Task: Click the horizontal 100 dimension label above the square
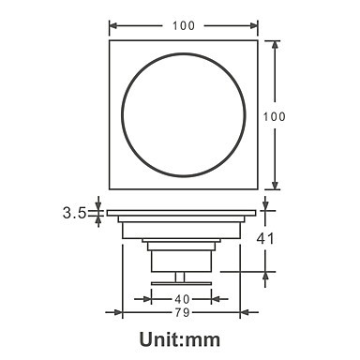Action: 184,25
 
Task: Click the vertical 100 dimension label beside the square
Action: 274,116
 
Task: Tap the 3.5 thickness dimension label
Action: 74,213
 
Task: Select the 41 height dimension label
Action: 265,239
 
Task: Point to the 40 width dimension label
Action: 182,299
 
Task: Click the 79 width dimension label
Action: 182,312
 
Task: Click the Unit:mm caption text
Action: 180,339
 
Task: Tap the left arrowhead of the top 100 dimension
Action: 112,25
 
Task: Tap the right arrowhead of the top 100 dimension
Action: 254,25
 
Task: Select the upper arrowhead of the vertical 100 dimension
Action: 275,44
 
